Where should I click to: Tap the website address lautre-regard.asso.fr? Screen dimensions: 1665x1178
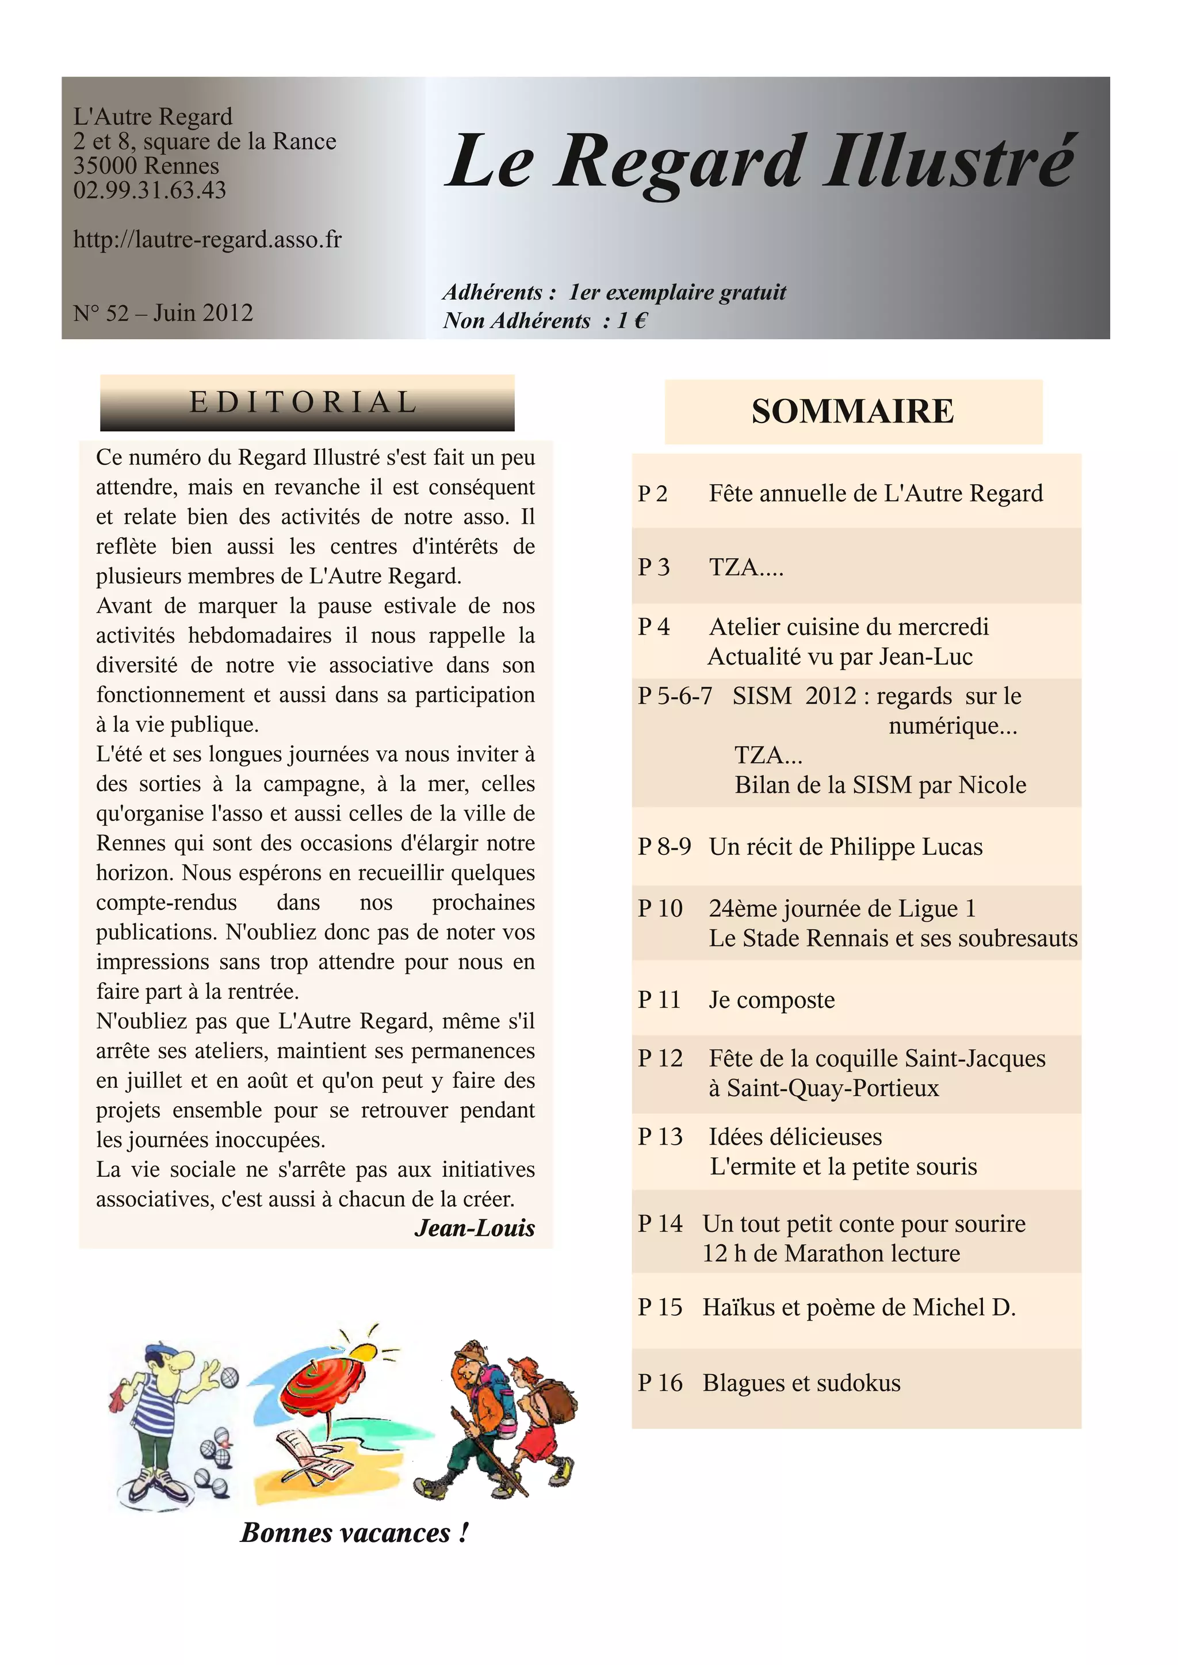(x=208, y=239)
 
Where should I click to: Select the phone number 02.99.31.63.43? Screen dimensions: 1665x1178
(x=150, y=190)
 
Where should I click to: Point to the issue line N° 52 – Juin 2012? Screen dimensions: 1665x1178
(x=163, y=313)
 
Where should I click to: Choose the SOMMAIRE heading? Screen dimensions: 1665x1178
(x=853, y=411)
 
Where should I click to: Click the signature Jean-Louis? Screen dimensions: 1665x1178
(x=475, y=1227)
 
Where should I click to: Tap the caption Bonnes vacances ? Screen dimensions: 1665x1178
(x=354, y=1532)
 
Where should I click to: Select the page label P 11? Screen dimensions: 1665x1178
(x=659, y=999)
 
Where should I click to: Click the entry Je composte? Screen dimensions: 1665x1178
(x=772, y=999)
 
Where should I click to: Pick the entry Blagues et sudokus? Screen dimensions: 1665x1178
(x=801, y=1383)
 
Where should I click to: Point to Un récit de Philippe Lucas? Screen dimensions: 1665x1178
(x=846, y=846)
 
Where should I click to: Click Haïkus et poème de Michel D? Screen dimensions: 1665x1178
(x=859, y=1307)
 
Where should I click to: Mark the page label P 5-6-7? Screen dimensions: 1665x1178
(x=675, y=696)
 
